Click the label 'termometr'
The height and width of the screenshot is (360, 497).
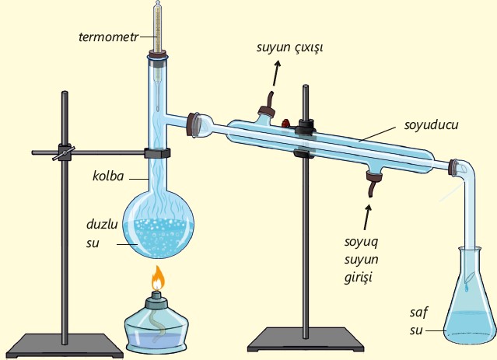tap(108, 37)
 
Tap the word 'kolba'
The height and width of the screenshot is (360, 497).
tap(108, 177)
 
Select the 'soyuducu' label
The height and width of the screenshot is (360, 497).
tap(432, 125)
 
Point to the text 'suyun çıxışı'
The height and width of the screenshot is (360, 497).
tap(289, 47)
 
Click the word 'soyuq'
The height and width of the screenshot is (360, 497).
tap(362, 243)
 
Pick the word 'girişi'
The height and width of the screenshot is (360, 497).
tap(359, 278)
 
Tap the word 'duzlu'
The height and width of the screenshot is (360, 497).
tap(102, 225)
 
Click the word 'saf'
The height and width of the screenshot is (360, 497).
tap(418, 313)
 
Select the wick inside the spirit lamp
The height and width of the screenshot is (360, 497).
tap(159, 323)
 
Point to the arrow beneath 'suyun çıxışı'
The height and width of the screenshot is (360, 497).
tap(276, 73)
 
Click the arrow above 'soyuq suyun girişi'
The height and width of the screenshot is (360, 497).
tap(367, 217)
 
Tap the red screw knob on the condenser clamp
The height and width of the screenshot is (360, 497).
tap(286, 123)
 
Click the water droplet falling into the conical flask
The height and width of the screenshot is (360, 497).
tap(467, 288)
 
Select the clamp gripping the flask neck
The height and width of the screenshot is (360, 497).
tap(158, 153)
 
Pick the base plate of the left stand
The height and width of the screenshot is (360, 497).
tap(65, 346)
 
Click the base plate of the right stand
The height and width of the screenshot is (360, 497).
tap(306, 340)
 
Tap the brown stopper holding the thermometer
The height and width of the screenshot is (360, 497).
tap(158, 55)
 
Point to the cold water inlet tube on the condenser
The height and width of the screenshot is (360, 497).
tap(372, 184)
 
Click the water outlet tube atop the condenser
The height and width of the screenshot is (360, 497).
tap(268, 104)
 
